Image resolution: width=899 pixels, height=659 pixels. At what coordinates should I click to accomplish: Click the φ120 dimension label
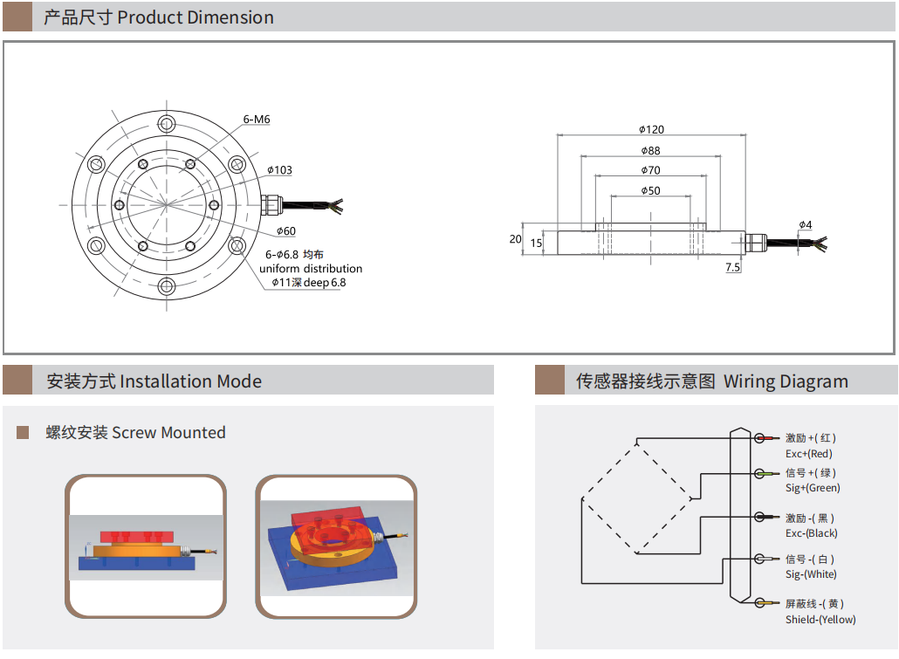651,129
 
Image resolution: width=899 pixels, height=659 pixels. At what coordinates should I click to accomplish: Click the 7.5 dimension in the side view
732,267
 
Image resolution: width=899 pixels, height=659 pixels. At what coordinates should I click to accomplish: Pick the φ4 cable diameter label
805,225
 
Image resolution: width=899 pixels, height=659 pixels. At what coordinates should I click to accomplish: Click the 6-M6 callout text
257,119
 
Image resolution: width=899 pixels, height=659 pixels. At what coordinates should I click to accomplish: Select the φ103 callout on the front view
279,170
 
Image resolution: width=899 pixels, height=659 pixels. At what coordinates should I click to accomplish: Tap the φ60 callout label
285,231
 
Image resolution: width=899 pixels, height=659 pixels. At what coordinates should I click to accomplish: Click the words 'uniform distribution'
311,269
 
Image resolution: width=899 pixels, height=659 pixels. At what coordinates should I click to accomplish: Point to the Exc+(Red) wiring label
809,454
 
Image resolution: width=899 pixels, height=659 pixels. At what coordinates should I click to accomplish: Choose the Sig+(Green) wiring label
813,488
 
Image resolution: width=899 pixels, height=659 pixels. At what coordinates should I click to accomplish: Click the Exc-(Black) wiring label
811,533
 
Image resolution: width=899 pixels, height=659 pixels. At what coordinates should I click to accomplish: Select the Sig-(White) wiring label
811,574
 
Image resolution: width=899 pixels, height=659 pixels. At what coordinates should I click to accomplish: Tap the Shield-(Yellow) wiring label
820,620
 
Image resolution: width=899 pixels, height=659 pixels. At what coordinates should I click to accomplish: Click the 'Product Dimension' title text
196,17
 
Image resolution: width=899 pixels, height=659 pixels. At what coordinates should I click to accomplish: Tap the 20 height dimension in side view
515,239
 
